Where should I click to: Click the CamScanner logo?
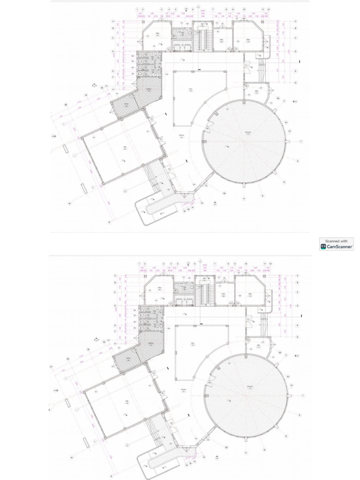[323, 246]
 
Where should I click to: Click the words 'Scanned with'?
[337, 241]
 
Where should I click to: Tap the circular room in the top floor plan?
[244, 142]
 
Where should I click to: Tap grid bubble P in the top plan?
[244, 199]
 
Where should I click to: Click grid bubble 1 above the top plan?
[137, 9]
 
